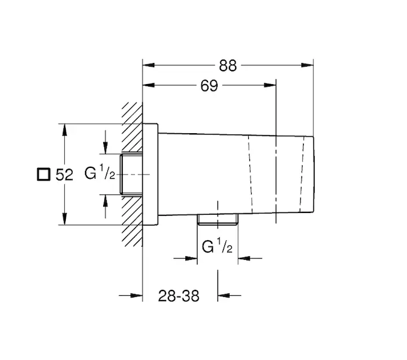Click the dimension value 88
[228, 65]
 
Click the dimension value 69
[209, 85]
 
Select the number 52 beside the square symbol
[64, 175]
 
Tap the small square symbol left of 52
[43, 174]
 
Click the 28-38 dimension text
[179, 296]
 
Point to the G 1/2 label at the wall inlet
[100, 172]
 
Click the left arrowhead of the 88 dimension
[149, 65]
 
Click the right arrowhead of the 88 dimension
[307, 65]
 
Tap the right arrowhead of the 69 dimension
[270, 85]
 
